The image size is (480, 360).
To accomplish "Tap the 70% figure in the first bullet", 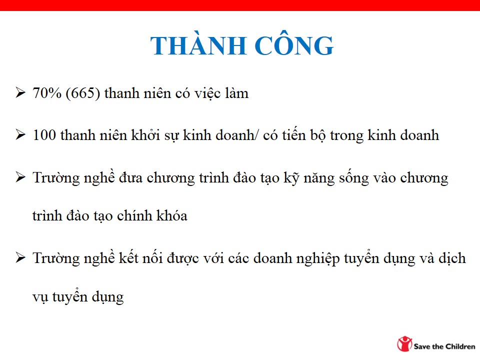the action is [x=47, y=93].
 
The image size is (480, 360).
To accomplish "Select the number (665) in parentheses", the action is [x=82, y=93].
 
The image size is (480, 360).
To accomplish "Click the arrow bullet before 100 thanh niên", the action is [x=20, y=134].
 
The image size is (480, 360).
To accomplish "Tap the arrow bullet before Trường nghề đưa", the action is [x=20, y=177].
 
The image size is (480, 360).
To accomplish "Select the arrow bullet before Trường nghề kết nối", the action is [x=20, y=257].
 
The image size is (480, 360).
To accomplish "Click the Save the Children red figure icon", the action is [x=404, y=344].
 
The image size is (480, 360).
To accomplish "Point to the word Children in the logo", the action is [x=460, y=346].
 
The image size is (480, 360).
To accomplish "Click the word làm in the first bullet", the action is [x=236, y=93].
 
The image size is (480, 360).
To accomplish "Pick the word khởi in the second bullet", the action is [x=145, y=134].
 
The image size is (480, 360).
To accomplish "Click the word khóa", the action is [x=171, y=215].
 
